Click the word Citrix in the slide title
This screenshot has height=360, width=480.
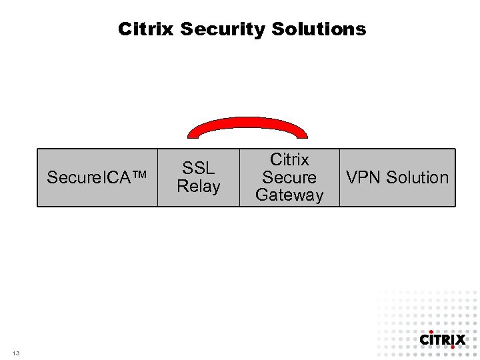146,29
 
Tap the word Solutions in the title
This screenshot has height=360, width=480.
319,29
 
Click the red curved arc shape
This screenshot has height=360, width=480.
247,122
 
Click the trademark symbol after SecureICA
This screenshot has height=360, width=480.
141,177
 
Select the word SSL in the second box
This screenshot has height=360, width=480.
198,169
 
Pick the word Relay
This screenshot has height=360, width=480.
198,186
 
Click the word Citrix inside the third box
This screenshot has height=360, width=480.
289,160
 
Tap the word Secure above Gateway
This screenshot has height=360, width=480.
289,177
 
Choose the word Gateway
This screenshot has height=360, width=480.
289,195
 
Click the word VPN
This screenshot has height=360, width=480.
363,177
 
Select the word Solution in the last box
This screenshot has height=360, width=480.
417,177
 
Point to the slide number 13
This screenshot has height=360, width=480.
15,353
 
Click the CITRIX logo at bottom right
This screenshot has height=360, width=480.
442,339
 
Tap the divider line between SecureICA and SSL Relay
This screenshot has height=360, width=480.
157,177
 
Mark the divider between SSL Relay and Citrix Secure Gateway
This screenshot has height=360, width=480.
239,177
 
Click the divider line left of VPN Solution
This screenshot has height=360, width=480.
339,177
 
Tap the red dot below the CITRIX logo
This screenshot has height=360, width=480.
453,347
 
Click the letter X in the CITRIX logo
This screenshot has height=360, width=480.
459,339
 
